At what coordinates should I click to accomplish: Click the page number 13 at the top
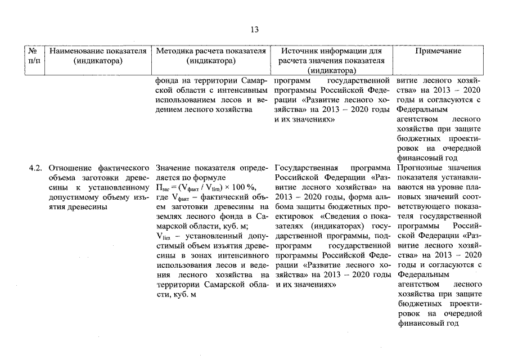click(x=254, y=30)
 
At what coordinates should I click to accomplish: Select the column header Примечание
click(x=438, y=51)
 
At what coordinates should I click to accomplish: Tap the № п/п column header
click(x=33, y=56)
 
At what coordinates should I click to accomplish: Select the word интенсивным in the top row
click(x=244, y=90)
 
